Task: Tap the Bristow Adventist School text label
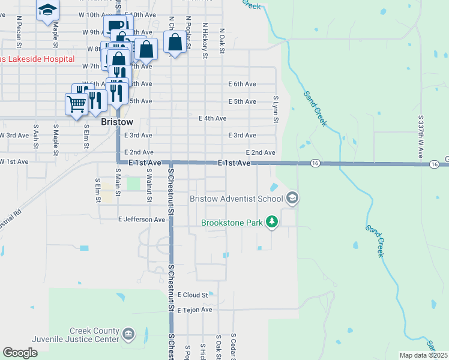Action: [x=236, y=199]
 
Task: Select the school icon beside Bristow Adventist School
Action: [x=292, y=197]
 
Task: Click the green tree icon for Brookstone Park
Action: [x=272, y=222]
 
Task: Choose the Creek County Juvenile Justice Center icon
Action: [x=128, y=334]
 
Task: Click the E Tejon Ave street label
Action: [x=194, y=310]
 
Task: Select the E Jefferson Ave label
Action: [x=142, y=220]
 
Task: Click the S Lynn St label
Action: [x=276, y=109]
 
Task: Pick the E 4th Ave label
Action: [x=212, y=119]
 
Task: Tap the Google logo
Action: [x=20, y=352]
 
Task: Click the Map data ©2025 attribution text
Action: [x=423, y=355]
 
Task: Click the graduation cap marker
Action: [x=47, y=10]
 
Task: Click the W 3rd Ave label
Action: [x=14, y=136]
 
